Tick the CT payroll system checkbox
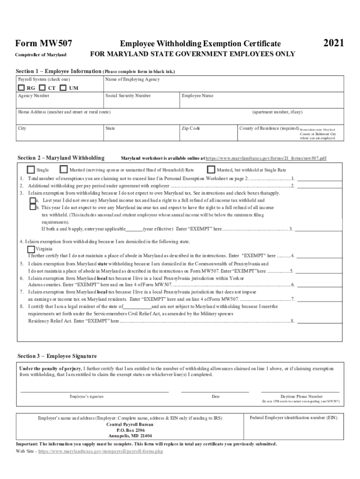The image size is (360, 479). [42, 87]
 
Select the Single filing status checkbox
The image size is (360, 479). [31, 170]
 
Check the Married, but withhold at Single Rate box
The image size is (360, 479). [211, 170]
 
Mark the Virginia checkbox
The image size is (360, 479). [31, 249]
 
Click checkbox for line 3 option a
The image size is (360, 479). [32, 200]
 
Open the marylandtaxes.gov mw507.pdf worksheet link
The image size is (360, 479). [266, 159]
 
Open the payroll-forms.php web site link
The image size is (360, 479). [101, 452]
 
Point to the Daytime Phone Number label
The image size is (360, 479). [301, 396]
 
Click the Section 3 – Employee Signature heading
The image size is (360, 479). [57, 356]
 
